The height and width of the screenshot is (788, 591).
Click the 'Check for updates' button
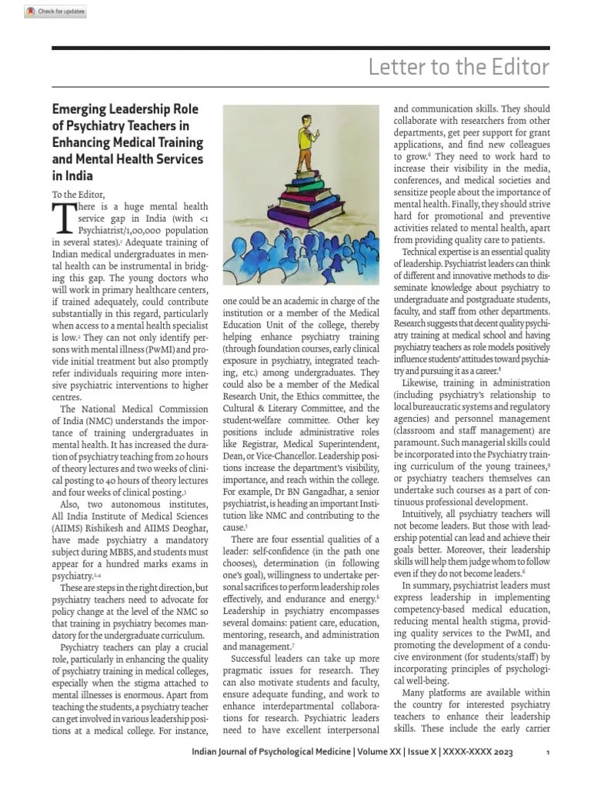click(x=55, y=12)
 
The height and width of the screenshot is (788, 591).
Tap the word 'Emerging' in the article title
click(x=83, y=109)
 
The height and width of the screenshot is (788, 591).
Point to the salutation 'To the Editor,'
click(x=78, y=193)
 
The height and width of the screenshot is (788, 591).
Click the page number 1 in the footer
click(x=546, y=752)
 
